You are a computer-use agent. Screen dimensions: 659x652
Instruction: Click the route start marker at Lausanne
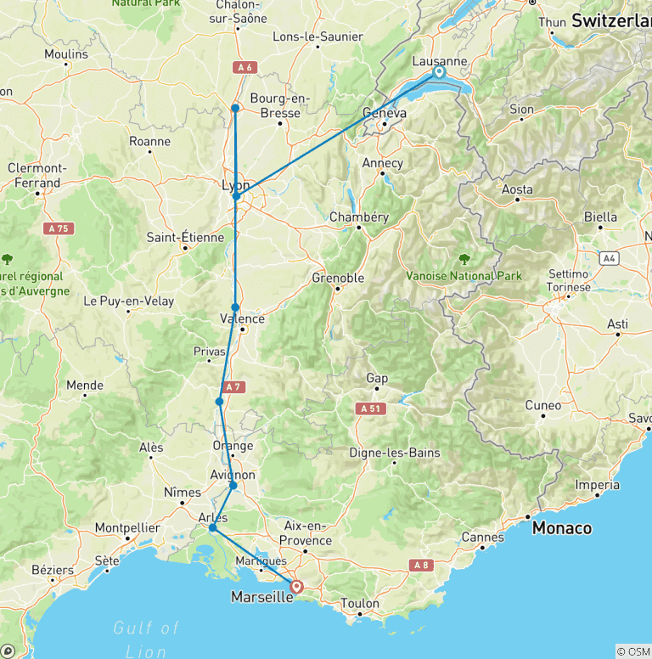(x=438, y=72)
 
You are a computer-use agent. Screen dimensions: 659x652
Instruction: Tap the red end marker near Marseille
(x=296, y=586)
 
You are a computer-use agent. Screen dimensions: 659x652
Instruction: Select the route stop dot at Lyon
(x=237, y=197)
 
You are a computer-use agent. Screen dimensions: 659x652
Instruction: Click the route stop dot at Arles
(x=212, y=528)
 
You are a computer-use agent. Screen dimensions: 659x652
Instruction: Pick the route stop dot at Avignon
(x=233, y=486)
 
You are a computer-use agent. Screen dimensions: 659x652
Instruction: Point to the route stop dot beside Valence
(x=235, y=307)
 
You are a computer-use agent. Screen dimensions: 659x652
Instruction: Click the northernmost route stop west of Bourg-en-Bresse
(x=235, y=108)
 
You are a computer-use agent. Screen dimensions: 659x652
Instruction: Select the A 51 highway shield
(x=369, y=408)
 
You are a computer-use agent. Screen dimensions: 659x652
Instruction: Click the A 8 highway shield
(x=421, y=564)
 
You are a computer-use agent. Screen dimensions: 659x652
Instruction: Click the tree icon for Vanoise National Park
(x=464, y=259)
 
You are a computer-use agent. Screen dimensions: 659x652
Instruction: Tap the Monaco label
(x=561, y=528)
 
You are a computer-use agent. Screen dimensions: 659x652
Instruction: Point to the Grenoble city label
(x=338, y=278)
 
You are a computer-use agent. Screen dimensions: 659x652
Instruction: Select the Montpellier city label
(x=127, y=528)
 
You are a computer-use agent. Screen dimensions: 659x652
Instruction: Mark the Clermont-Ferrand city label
(x=37, y=175)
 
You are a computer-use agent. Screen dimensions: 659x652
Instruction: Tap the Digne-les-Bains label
(x=400, y=453)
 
